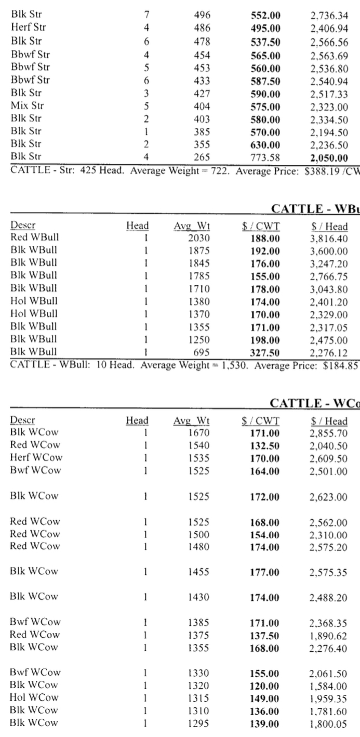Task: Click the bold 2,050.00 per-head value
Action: coord(326,156)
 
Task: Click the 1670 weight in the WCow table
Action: coord(199,433)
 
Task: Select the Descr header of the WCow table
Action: coord(23,421)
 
